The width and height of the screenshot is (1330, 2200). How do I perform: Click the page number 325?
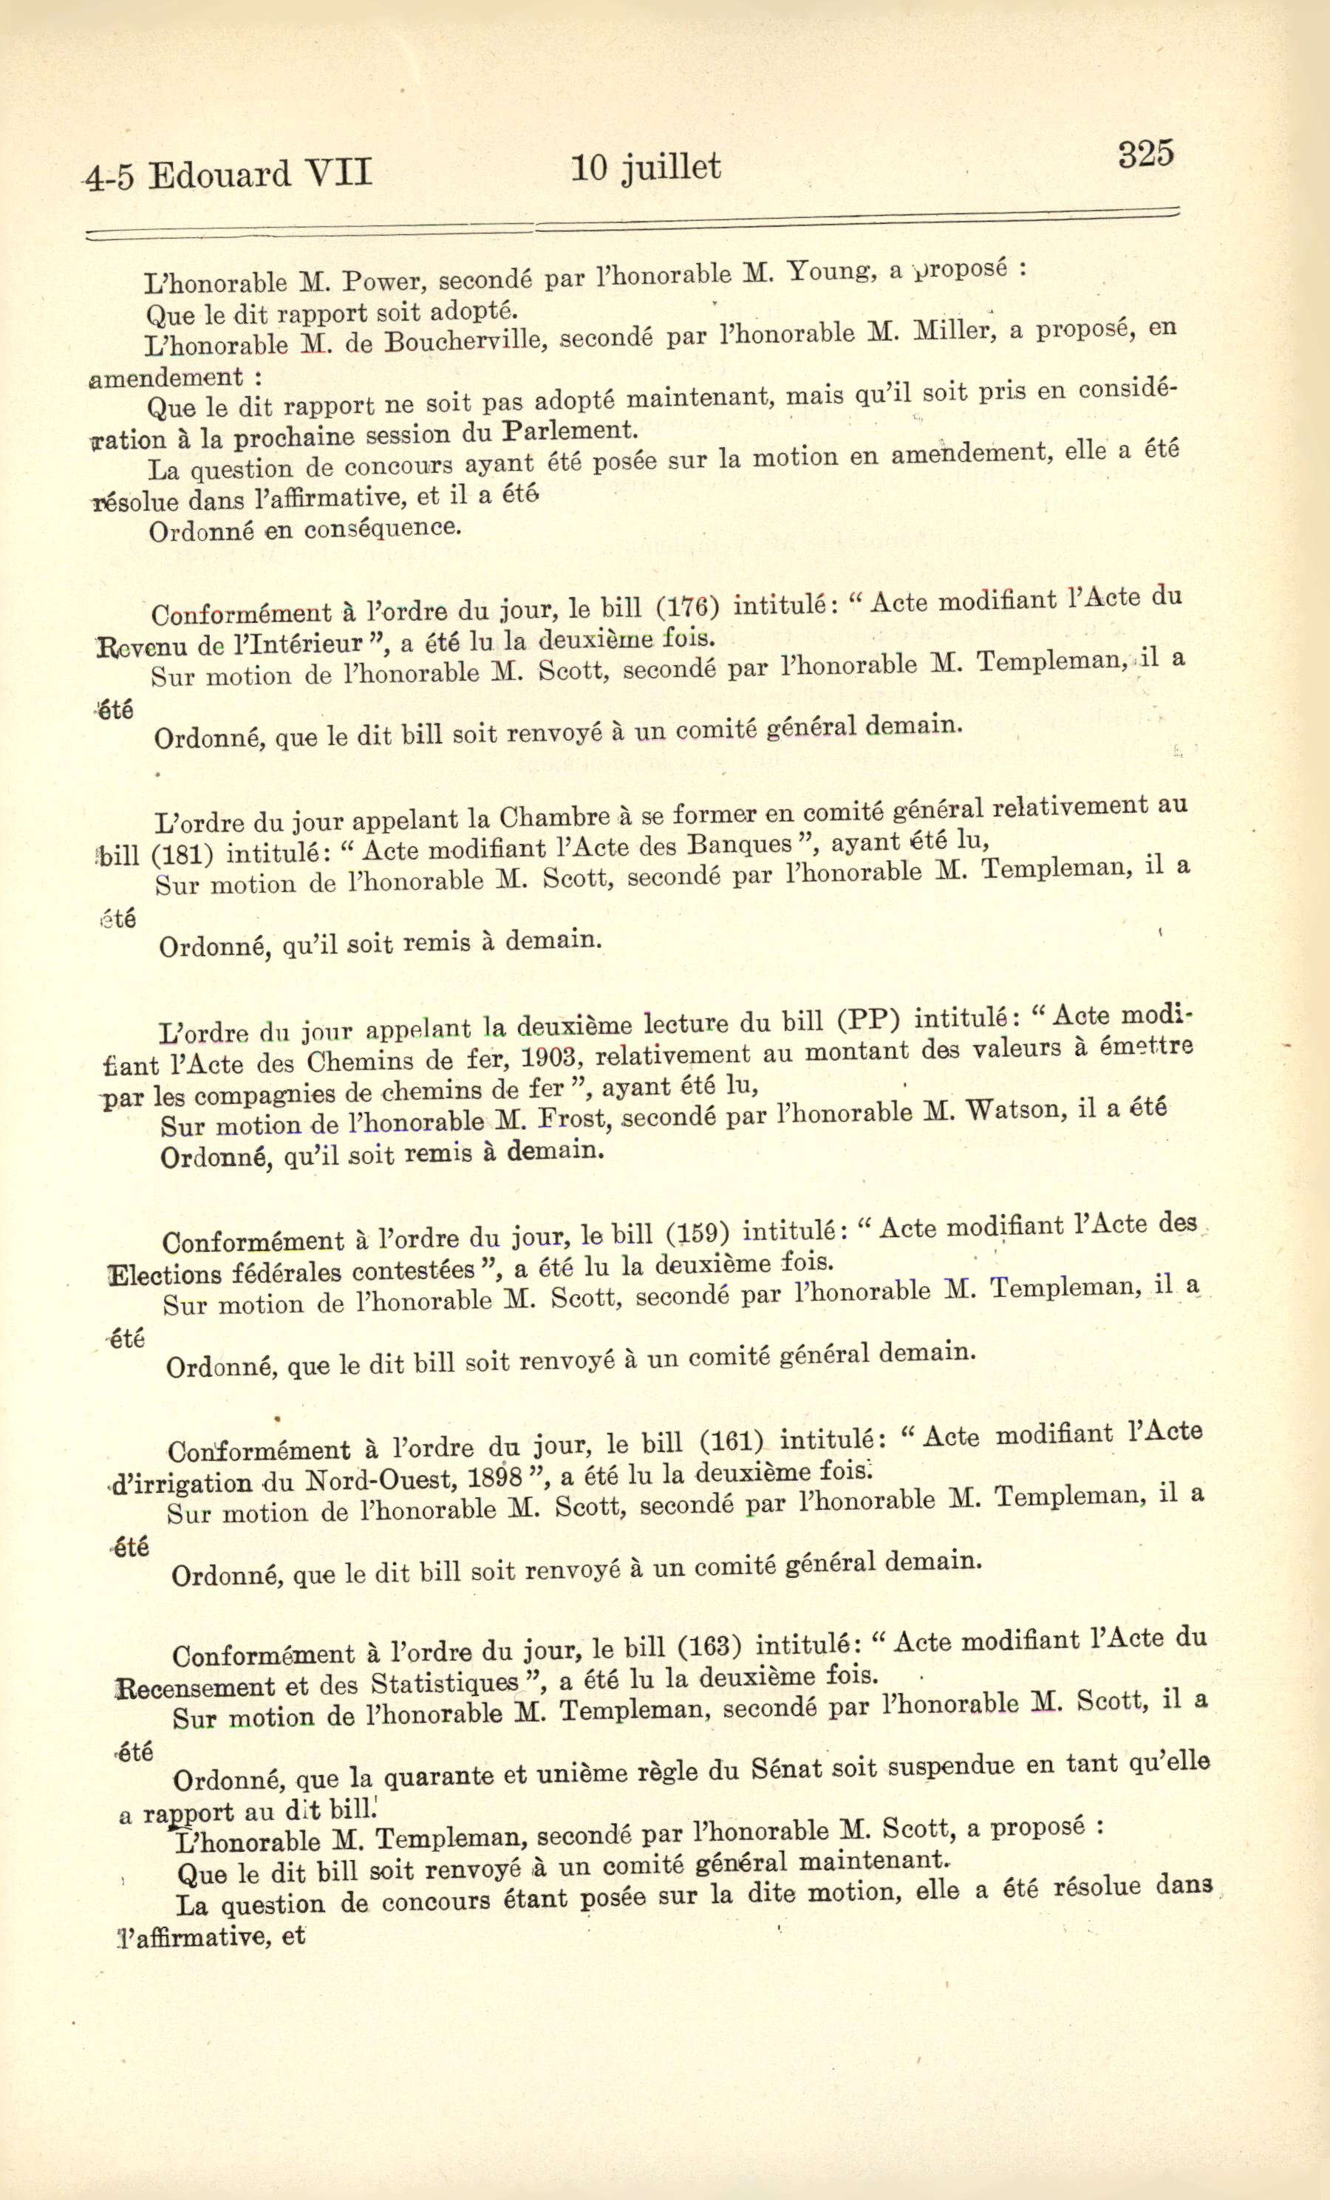pos(1145,154)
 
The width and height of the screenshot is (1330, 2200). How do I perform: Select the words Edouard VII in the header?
pos(259,173)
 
